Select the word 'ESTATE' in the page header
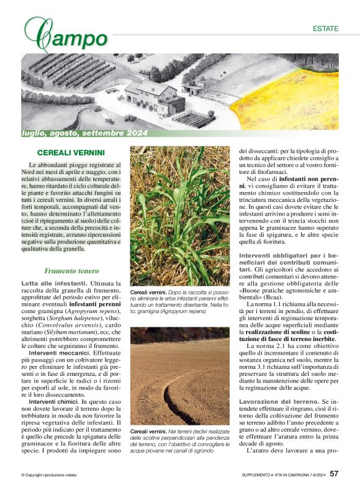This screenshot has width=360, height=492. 325,29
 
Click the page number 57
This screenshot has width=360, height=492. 334,475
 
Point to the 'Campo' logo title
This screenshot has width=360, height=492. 65,35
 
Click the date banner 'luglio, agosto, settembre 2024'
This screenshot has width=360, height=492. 84,133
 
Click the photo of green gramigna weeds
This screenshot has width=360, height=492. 179,214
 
